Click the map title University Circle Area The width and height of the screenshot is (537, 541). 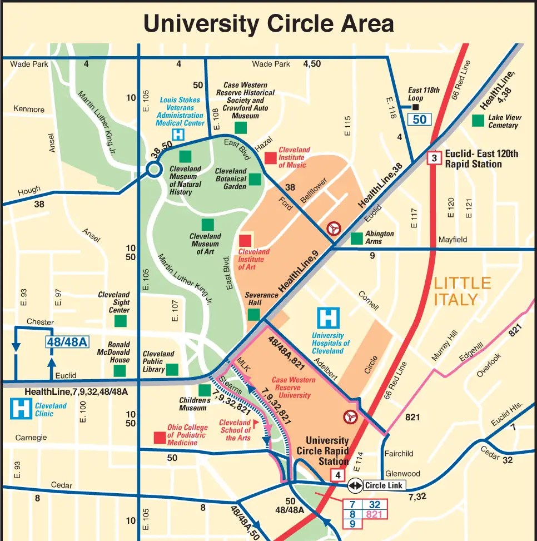(x=268, y=24)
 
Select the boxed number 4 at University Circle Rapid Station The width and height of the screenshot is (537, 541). (x=337, y=475)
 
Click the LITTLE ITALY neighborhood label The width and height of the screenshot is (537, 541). (x=463, y=291)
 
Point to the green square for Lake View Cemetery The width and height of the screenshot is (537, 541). (x=478, y=120)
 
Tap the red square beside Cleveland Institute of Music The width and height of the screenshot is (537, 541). (x=270, y=158)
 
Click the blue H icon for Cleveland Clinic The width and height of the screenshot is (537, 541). (x=22, y=409)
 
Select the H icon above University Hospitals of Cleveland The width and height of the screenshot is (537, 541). (x=328, y=318)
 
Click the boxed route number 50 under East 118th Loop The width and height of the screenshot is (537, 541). (x=420, y=119)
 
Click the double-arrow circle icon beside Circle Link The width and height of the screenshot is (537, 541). (x=355, y=485)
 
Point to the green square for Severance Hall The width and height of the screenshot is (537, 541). (x=253, y=315)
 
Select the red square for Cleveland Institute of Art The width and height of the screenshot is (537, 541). (x=245, y=241)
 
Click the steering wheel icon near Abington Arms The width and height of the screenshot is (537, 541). (x=334, y=228)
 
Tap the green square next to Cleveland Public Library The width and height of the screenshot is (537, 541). (x=172, y=369)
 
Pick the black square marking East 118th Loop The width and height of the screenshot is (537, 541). (x=415, y=107)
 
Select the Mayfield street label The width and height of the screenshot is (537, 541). (x=453, y=240)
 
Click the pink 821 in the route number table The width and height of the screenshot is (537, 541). (x=374, y=514)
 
